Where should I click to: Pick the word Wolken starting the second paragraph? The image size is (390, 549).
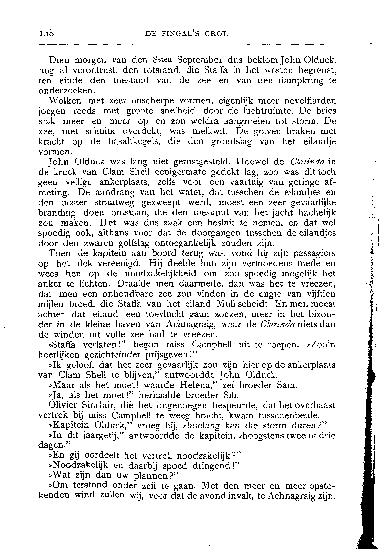(x=65, y=101)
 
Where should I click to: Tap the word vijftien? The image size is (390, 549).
(x=319, y=294)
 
